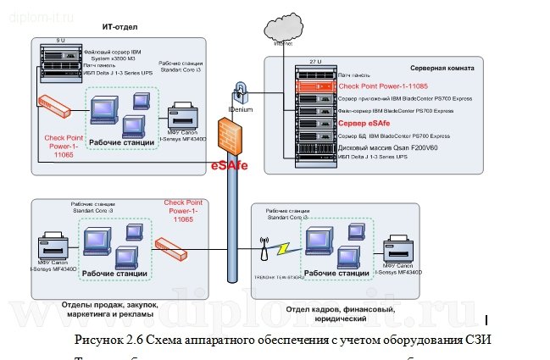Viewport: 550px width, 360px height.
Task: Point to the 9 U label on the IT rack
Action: click(60, 40)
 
